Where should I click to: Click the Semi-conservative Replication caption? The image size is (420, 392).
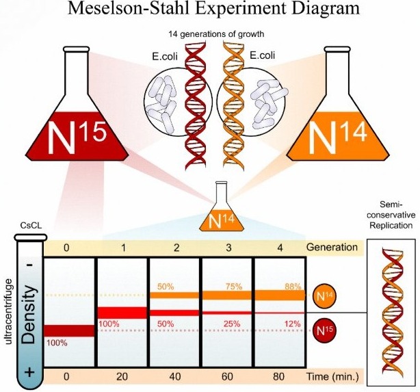[394, 216]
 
